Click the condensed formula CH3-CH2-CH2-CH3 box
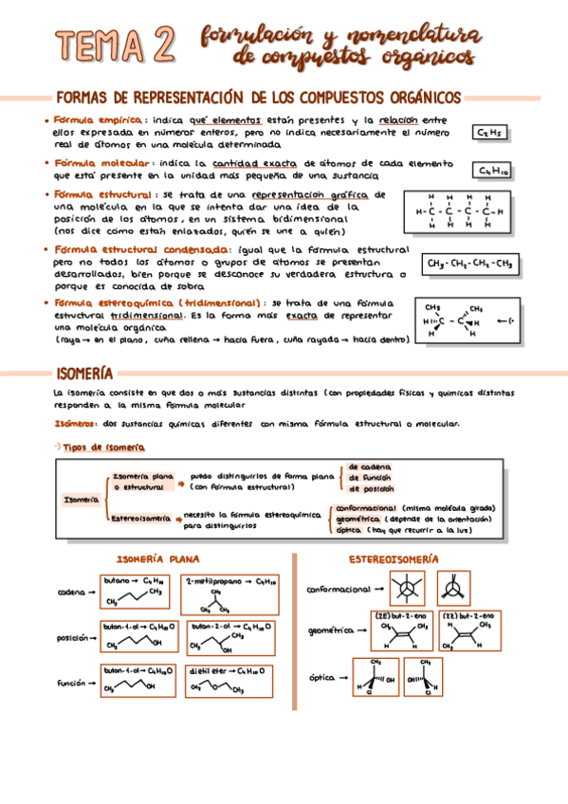pos(469,264)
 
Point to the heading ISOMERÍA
pos(85,374)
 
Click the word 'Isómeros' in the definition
pos(75,424)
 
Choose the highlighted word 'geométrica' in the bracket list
pos(357,520)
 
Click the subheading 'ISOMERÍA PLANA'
pos(157,557)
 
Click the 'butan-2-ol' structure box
pos(229,637)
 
